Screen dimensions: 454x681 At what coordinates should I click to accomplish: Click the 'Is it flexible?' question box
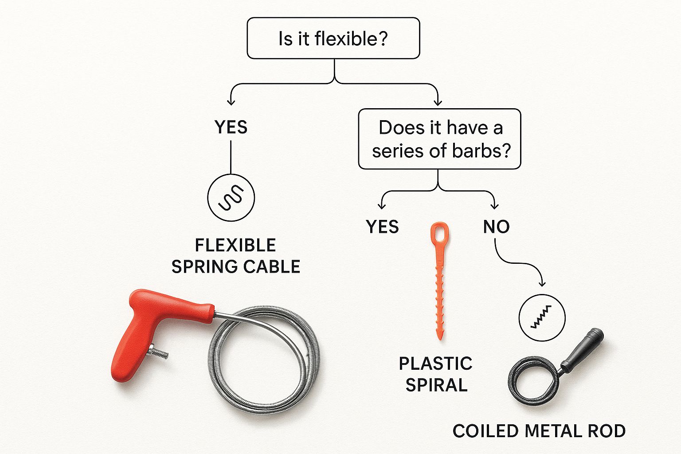tap(333, 38)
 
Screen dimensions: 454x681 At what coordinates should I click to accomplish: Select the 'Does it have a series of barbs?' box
tap(439, 139)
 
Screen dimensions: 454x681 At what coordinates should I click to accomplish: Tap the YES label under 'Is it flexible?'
tap(231, 127)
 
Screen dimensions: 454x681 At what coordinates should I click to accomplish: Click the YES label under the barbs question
tap(382, 227)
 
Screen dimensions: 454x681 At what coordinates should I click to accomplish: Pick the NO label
tap(496, 227)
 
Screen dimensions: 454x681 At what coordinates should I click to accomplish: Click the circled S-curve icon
tap(231, 197)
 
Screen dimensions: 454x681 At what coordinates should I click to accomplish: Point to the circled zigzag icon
tap(542, 317)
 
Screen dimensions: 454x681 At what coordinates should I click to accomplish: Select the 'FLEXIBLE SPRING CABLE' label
tap(236, 256)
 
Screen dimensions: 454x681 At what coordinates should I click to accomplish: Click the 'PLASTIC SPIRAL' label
tap(436, 374)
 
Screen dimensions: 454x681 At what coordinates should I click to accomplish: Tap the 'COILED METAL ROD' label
tap(539, 431)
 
